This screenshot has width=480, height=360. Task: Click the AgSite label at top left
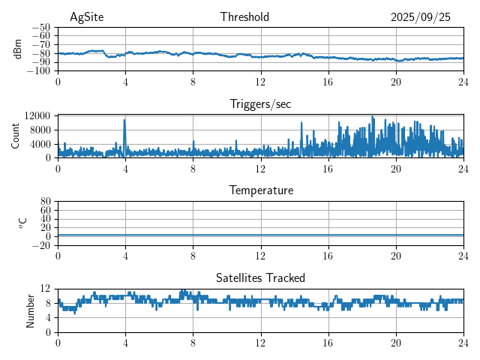[86, 17]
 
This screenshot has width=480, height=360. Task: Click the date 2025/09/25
[420, 17]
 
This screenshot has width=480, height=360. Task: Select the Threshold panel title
[244, 17]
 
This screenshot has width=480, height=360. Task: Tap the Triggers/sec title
[260, 104]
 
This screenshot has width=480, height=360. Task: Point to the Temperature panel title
[260, 190]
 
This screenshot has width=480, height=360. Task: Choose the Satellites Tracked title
[260, 277]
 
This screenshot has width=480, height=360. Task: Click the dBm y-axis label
[18, 48]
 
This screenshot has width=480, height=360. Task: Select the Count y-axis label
[15, 136]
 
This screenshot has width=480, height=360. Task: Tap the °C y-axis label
[22, 223]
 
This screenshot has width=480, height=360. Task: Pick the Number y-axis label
[30, 310]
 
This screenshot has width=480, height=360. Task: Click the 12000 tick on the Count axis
[37, 115]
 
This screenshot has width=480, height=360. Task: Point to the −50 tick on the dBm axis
[40, 26]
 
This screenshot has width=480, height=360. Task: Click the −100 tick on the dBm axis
[38, 70]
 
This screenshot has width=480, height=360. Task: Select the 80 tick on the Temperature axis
[45, 201]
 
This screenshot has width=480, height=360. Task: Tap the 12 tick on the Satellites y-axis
[45, 289]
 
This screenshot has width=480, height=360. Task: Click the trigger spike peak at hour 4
[124, 120]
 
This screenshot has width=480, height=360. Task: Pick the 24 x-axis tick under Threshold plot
[463, 82]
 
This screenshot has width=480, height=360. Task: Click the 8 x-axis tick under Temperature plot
[193, 256]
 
